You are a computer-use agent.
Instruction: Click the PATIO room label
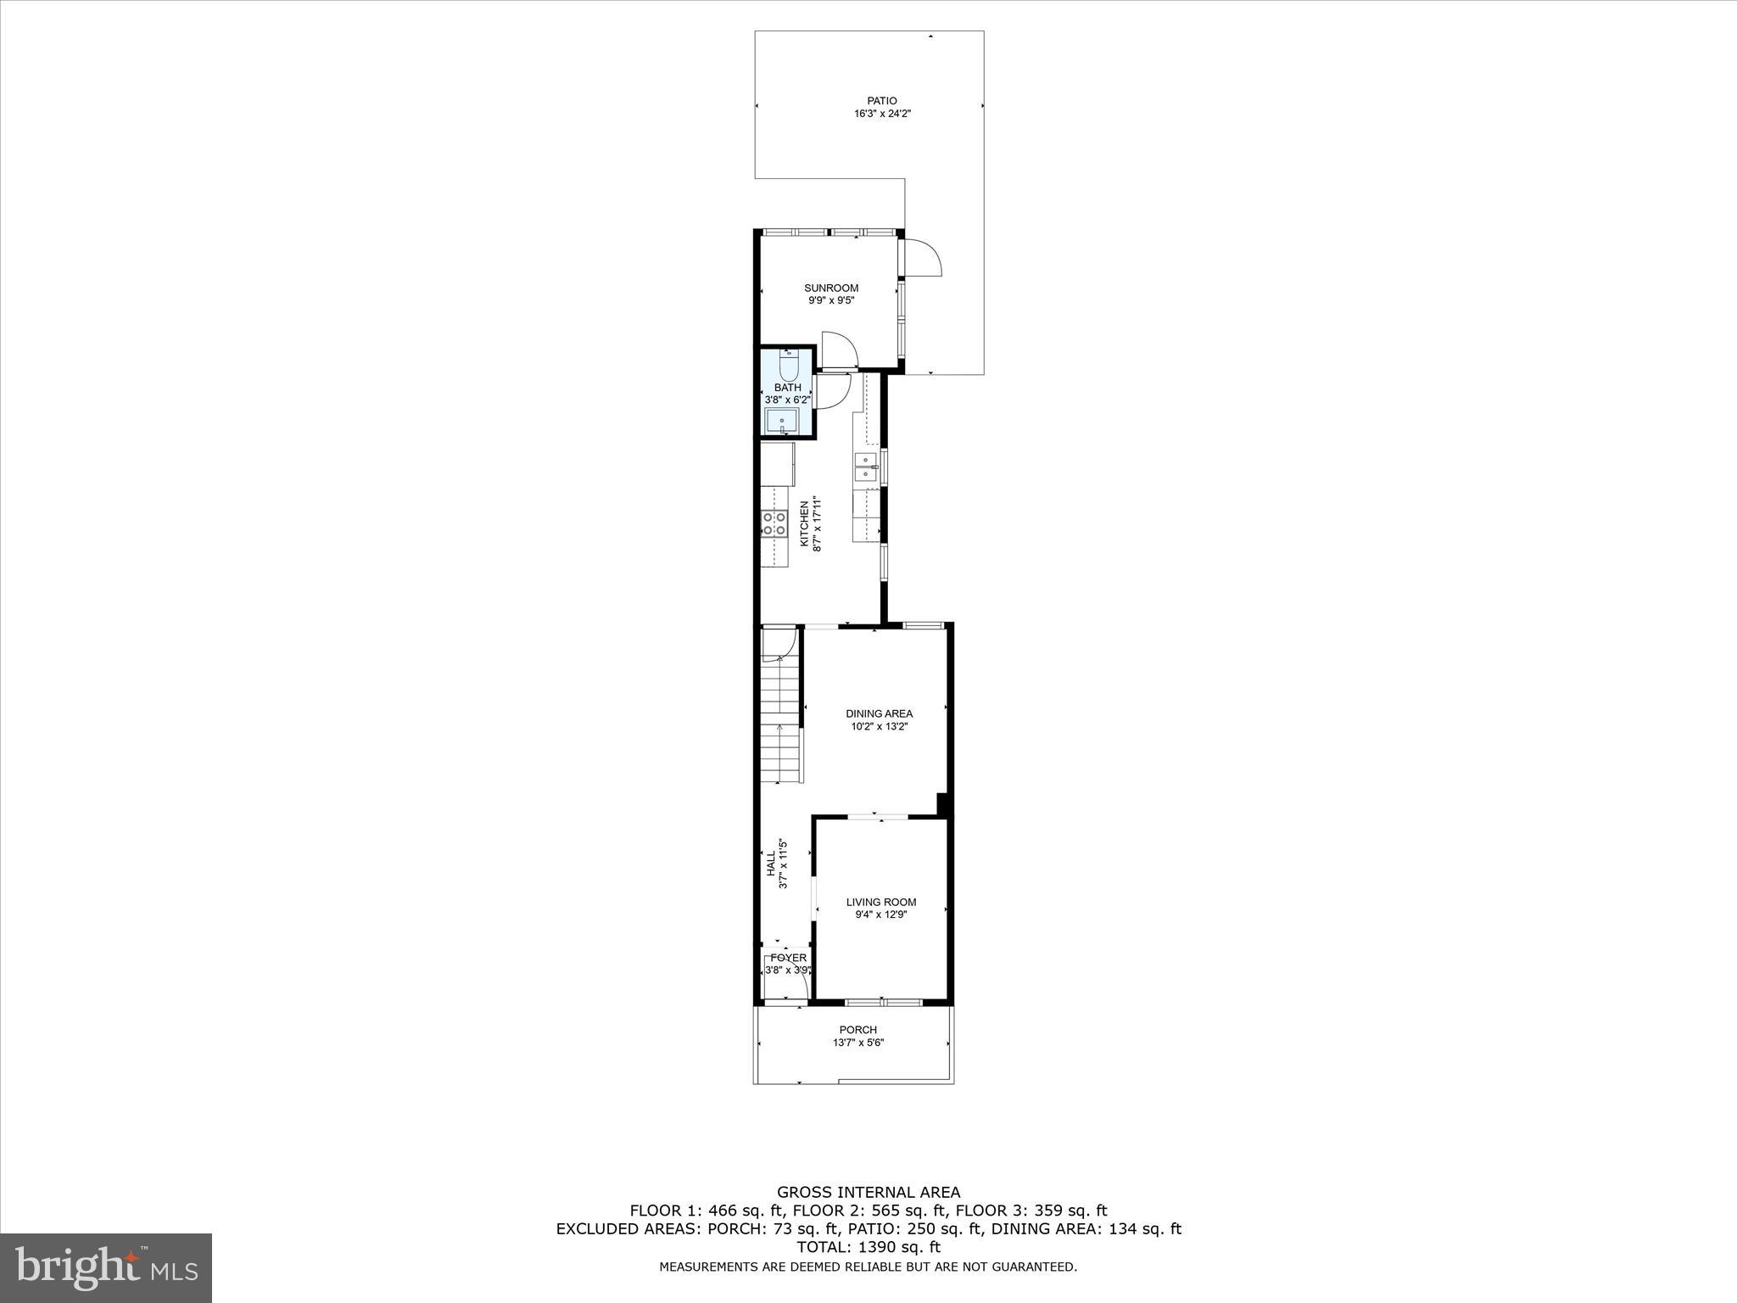click(x=882, y=101)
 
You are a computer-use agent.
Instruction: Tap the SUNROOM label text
click(x=831, y=288)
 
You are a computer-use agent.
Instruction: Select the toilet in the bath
click(x=789, y=366)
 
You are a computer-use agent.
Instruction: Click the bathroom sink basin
click(x=781, y=421)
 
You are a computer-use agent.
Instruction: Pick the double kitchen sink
click(x=865, y=467)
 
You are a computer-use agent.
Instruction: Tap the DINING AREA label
click(x=879, y=713)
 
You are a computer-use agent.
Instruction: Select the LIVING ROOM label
click(x=880, y=902)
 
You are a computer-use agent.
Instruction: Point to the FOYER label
click(x=788, y=958)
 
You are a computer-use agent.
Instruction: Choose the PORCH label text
click(x=857, y=1030)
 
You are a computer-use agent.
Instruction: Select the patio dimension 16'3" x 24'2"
click(x=882, y=114)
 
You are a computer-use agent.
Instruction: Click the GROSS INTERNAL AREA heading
click(x=868, y=1192)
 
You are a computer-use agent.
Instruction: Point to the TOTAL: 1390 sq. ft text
click(x=868, y=1247)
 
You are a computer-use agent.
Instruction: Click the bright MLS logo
click(x=107, y=1269)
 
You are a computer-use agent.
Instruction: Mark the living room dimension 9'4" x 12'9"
click(x=880, y=914)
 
